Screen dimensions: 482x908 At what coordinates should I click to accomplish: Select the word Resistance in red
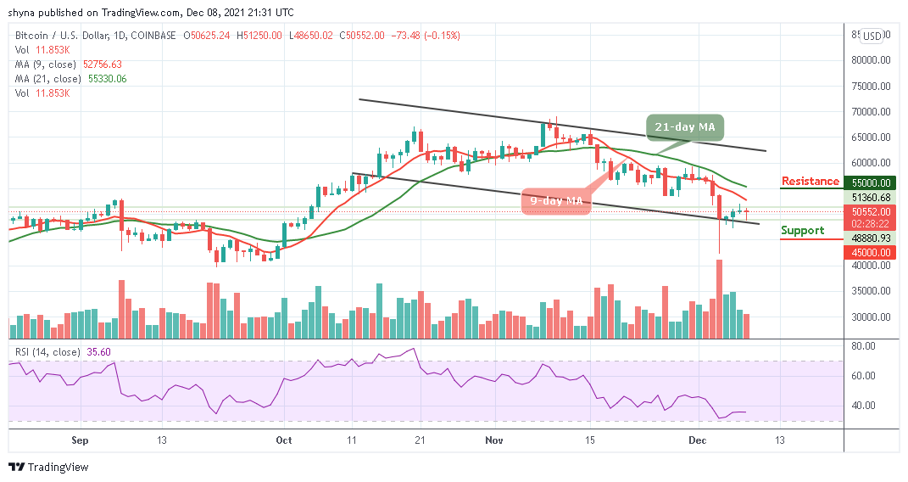[810, 181]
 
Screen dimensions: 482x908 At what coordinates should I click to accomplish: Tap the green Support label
[802, 230]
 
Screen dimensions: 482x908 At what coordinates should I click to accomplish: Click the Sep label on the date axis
[80, 440]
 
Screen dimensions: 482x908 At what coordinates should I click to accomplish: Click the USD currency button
[872, 36]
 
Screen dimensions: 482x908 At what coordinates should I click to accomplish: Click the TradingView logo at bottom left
[48, 467]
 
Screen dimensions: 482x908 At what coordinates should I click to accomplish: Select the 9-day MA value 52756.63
[98, 64]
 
